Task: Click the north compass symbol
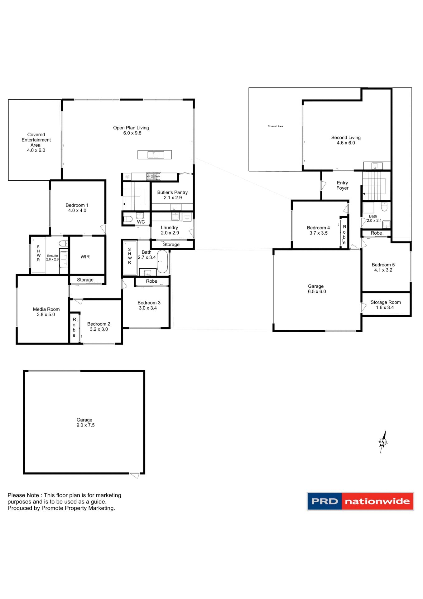coord(383,442)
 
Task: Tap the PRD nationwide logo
coord(360,501)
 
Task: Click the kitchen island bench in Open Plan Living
coord(155,155)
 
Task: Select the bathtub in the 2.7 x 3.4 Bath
coord(162,261)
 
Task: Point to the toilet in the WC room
coord(128,219)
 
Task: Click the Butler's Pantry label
coord(172,192)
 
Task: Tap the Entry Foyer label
coord(342,185)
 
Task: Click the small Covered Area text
coord(275,126)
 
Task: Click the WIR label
coord(85,257)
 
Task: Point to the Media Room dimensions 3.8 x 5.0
coord(46,314)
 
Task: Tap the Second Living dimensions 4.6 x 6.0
coord(346,143)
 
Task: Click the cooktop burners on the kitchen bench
coord(154,177)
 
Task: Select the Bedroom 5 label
coord(383,265)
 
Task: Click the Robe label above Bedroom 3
coord(151,281)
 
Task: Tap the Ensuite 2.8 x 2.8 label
coord(52,257)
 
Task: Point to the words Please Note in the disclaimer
coord(23,495)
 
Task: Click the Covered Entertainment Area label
coord(36,140)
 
